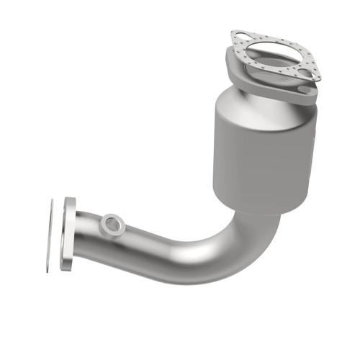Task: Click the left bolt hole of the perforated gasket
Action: pyautogui.click(x=239, y=37)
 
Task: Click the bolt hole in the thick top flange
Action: pyautogui.click(x=307, y=91)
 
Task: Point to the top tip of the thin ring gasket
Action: pyautogui.click(x=53, y=202)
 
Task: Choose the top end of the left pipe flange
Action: pyautogui.click(x=70, y=200)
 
